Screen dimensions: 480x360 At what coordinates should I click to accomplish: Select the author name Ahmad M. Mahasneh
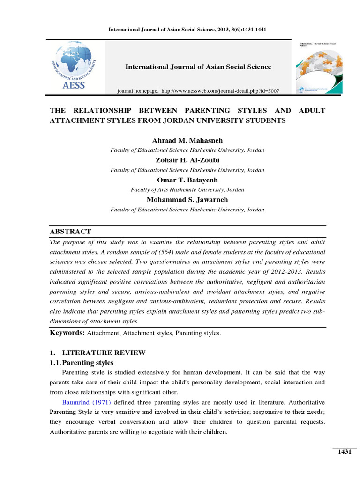(187, 141)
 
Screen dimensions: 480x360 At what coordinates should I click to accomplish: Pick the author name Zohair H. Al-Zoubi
(187, 160)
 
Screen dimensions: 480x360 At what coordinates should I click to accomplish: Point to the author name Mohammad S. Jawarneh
(187, 200)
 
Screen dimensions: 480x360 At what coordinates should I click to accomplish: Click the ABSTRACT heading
(70, 232)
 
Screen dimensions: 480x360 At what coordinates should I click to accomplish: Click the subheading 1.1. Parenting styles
(82, 363)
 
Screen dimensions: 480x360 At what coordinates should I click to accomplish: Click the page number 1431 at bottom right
(344, 451)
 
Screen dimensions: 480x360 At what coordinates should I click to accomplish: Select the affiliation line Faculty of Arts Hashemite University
(187, 190)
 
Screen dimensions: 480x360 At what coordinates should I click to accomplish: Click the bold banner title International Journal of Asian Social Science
(198, 67)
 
